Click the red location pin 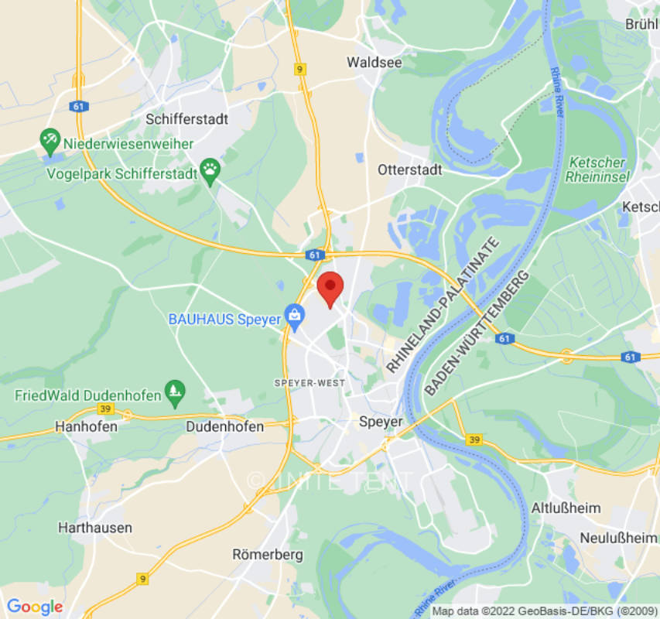coord(331,288)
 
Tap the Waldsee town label coord(374,62)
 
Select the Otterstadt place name coord(409,169)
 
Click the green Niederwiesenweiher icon coord(50,140)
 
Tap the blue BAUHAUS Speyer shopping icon coord(294,315)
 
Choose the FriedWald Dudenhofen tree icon coord(176,391)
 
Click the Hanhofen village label coord(86,426)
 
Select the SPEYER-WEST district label coord(309,383)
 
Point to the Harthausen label coord(95,528)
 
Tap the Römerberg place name coord(268,555)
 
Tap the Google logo coord(34,607)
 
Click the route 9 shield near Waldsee coord(300,70)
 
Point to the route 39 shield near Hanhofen coord(106,409)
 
